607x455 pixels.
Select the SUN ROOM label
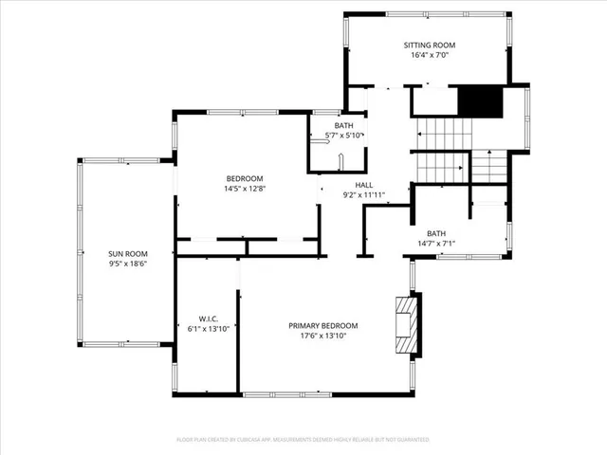click(125, 254)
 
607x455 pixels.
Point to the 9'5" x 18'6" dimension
click(125, 264)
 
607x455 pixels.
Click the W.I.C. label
click(209, 318)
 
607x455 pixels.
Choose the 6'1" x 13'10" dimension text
click(209, 329)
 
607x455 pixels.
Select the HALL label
click(365, 185)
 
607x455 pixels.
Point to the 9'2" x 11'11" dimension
click(365, 195)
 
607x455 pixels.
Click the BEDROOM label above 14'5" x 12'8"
click(244, 178)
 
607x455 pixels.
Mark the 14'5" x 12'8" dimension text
click(244, 189)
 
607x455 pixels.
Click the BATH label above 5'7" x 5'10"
click(343, 125)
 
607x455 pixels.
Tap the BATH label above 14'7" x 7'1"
click(435, 233)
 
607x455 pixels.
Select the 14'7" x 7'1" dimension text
click(435, 244)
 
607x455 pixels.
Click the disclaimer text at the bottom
click(303, 440)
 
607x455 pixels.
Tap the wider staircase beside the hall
click(442, 151)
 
